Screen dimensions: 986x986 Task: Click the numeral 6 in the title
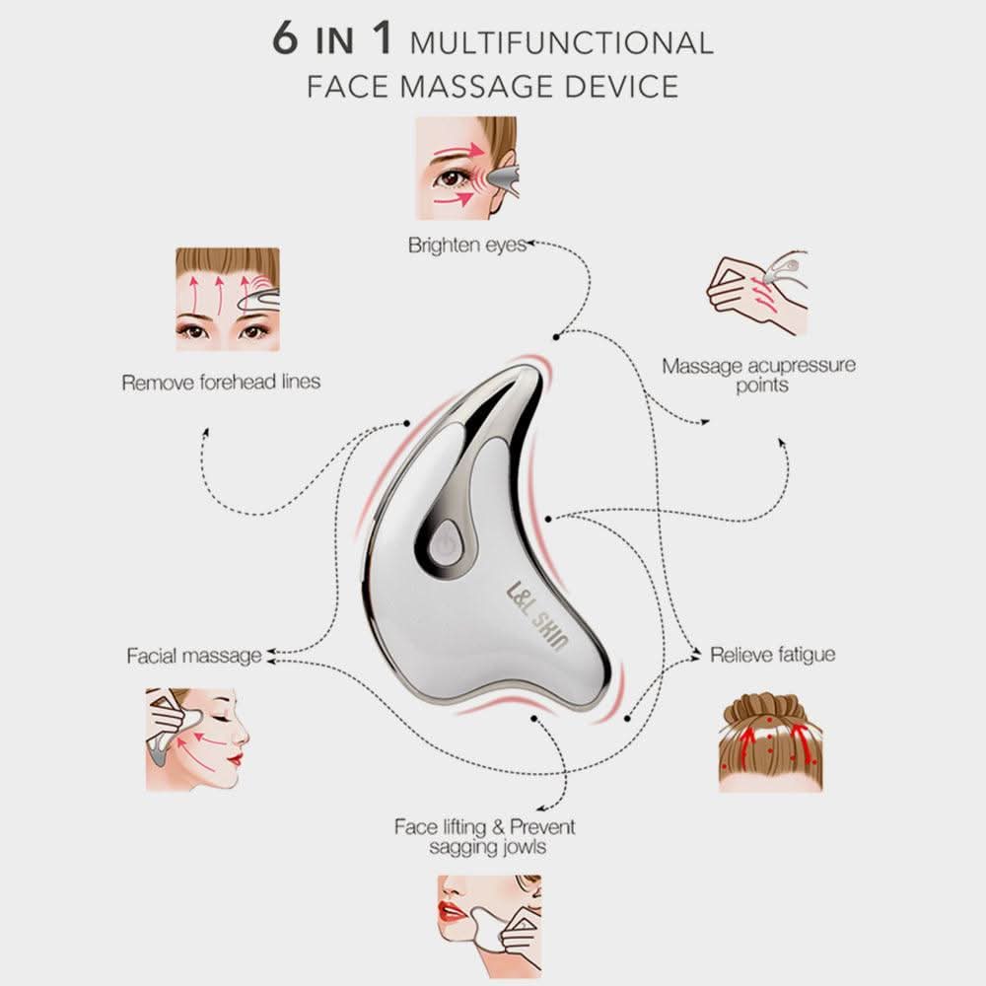(286, 37)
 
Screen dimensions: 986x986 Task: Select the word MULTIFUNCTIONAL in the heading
(562, 42)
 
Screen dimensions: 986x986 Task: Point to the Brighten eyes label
(467, 245)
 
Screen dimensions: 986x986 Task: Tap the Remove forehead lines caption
(221, 382)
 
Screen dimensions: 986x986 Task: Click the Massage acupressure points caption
(759, 375)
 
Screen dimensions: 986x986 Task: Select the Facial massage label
(194, 656)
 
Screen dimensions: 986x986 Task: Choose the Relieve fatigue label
(773, 655)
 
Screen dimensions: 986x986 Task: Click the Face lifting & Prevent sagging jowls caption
(485, 836)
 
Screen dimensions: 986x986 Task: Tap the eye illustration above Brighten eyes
(467, 169)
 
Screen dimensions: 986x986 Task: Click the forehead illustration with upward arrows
(228, 300)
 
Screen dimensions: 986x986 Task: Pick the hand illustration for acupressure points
(757, 293)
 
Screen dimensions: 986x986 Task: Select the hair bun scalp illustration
(771, 742)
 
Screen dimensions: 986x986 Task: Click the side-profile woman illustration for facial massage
(197, 739)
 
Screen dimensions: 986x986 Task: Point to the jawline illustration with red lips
(489, 927)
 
